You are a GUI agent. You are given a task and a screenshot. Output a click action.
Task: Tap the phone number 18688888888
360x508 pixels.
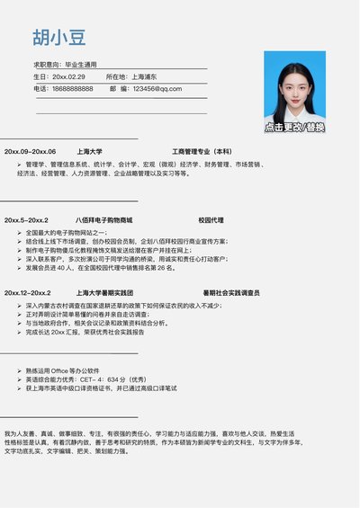point(72,88)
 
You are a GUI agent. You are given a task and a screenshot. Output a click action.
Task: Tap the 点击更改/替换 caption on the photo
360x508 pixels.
point(294,128)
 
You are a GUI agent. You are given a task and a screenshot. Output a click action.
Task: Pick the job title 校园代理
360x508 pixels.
point(211,219)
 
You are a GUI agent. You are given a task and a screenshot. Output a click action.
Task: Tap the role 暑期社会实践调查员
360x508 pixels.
point(231,292)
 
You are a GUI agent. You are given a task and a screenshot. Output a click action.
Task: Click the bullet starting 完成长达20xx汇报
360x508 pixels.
point(85,332)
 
